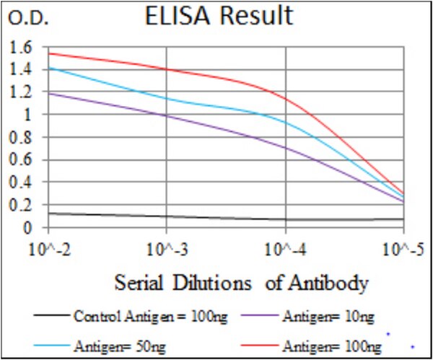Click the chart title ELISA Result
pyautogui.click(x=219, y=16)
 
